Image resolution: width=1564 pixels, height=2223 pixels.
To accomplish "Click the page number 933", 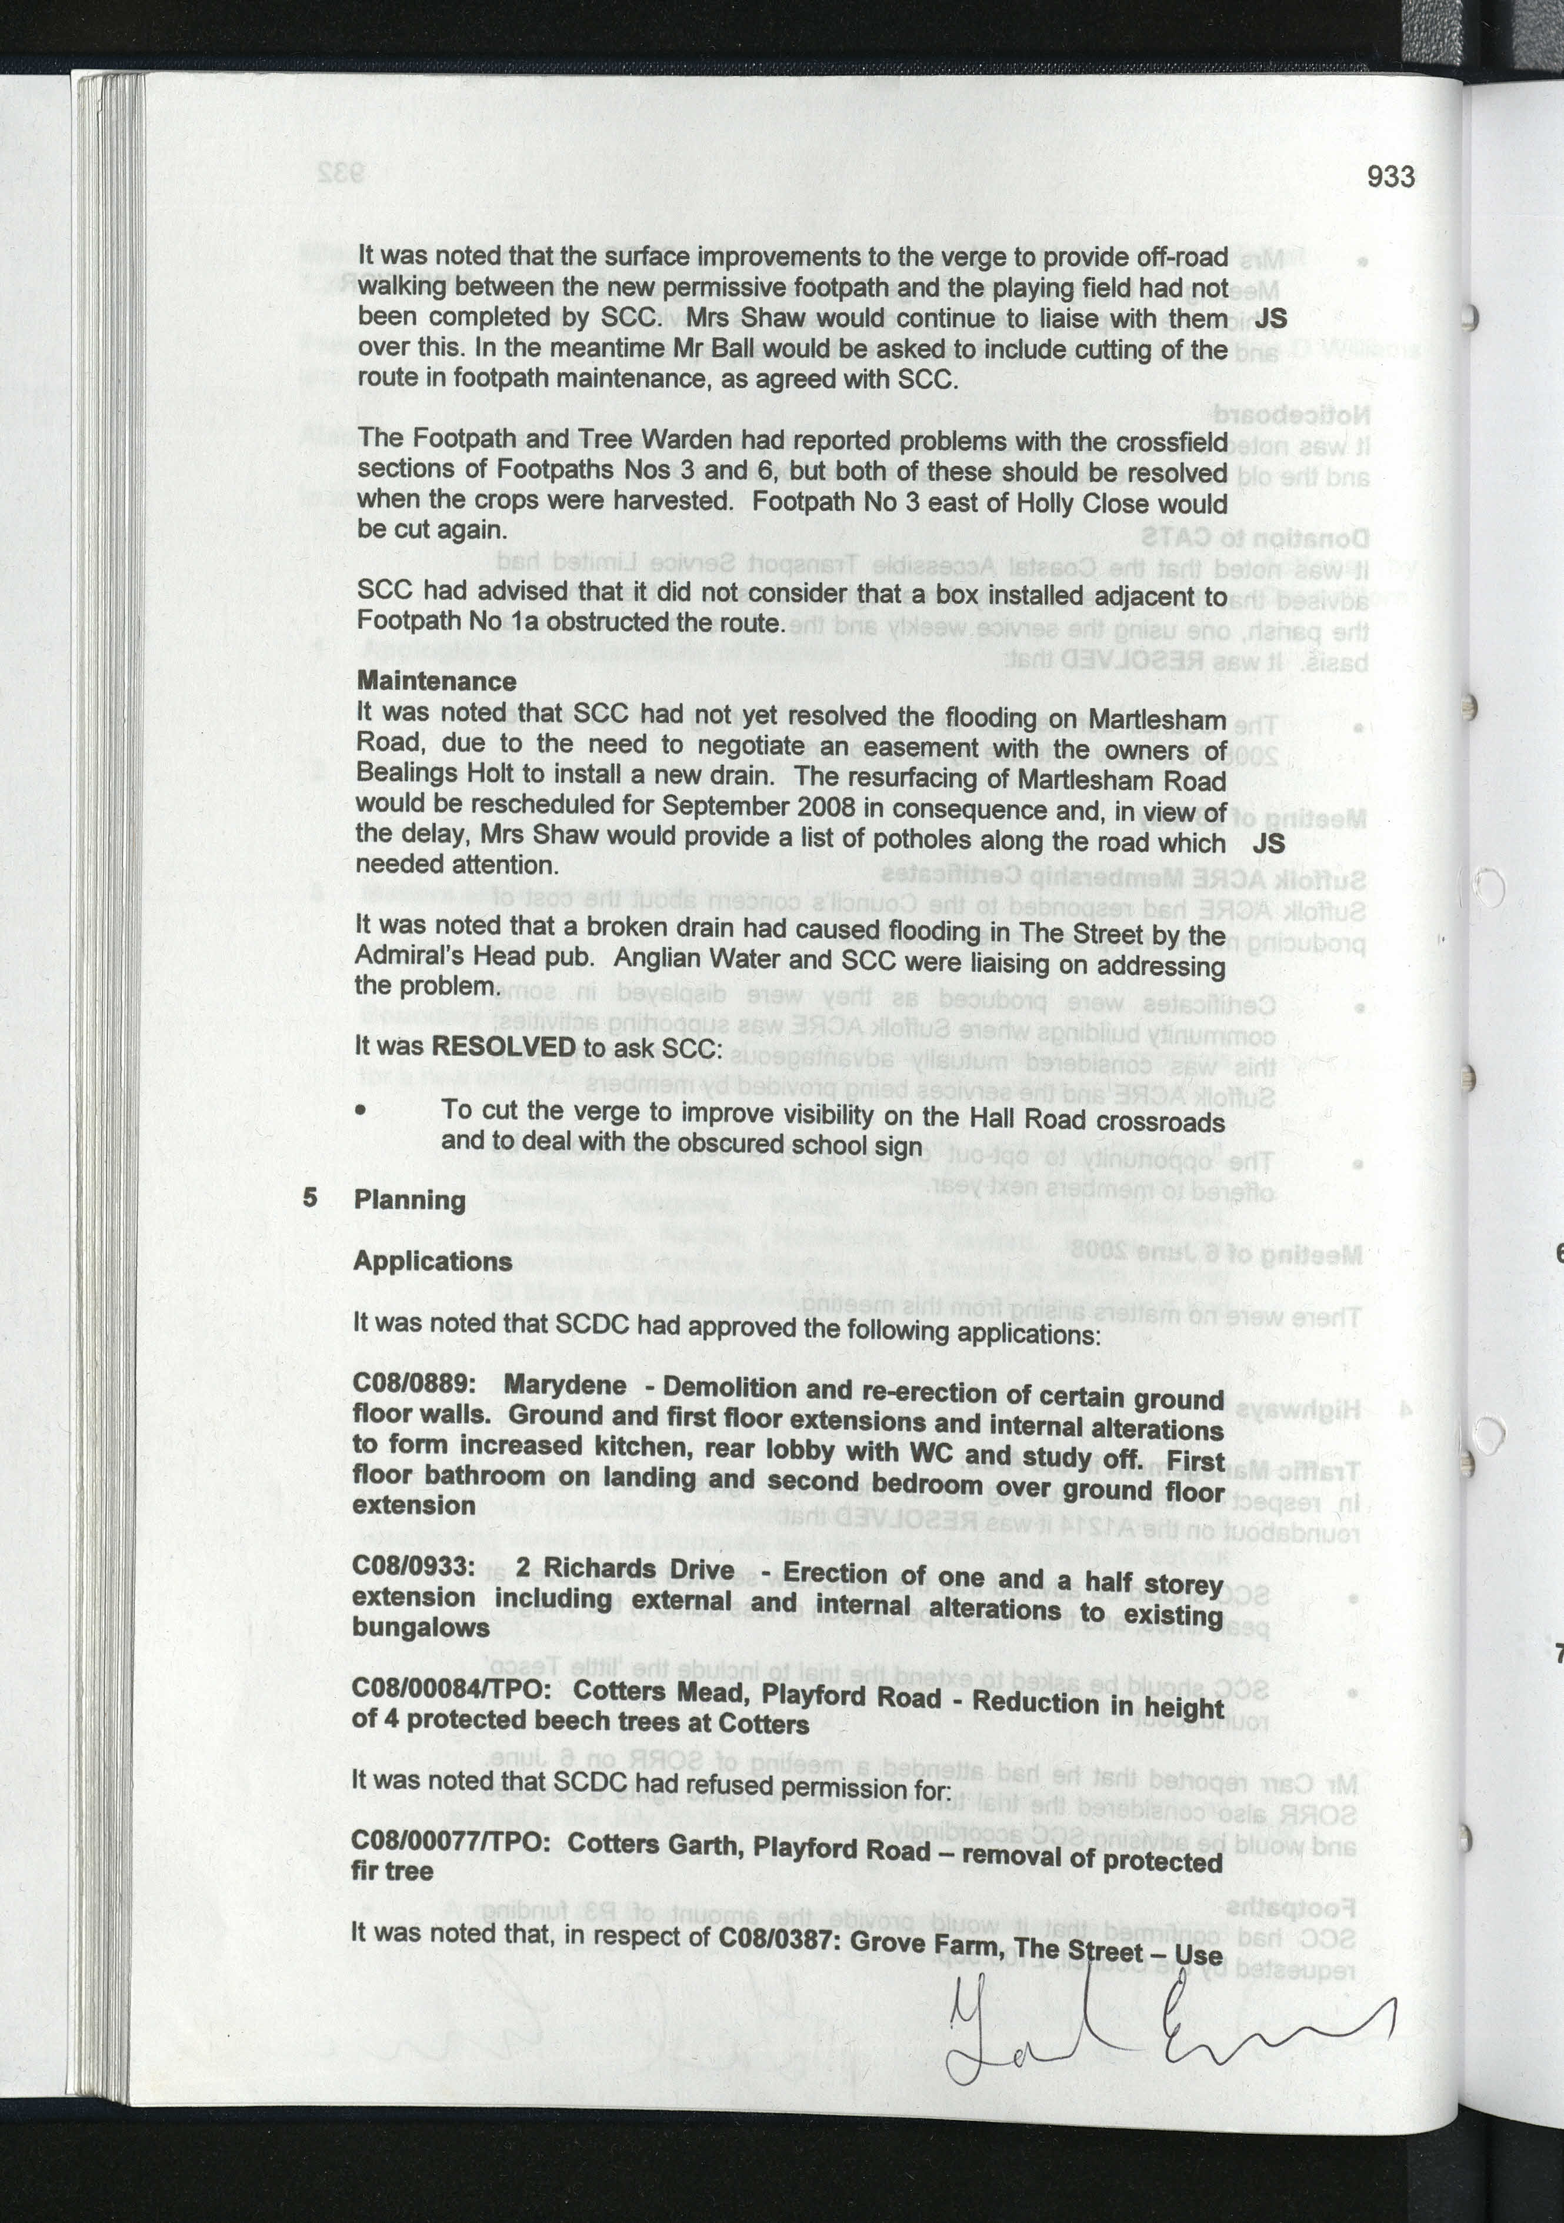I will tap(1390, 177).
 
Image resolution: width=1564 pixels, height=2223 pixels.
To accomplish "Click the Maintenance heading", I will tap(436, 682).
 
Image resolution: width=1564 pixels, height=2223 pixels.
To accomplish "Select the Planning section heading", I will tap(409, 1201).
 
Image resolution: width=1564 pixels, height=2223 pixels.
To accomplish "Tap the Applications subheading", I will tap(433, 1262).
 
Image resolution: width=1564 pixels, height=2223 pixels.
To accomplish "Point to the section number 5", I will tap(310, 1198).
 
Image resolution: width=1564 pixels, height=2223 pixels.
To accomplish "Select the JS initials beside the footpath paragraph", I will tap(1270, 319).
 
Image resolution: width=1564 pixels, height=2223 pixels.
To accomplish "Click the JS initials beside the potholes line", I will tap(1268, 844).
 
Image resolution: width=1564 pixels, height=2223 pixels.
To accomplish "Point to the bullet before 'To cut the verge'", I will tap(361, 1112).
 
